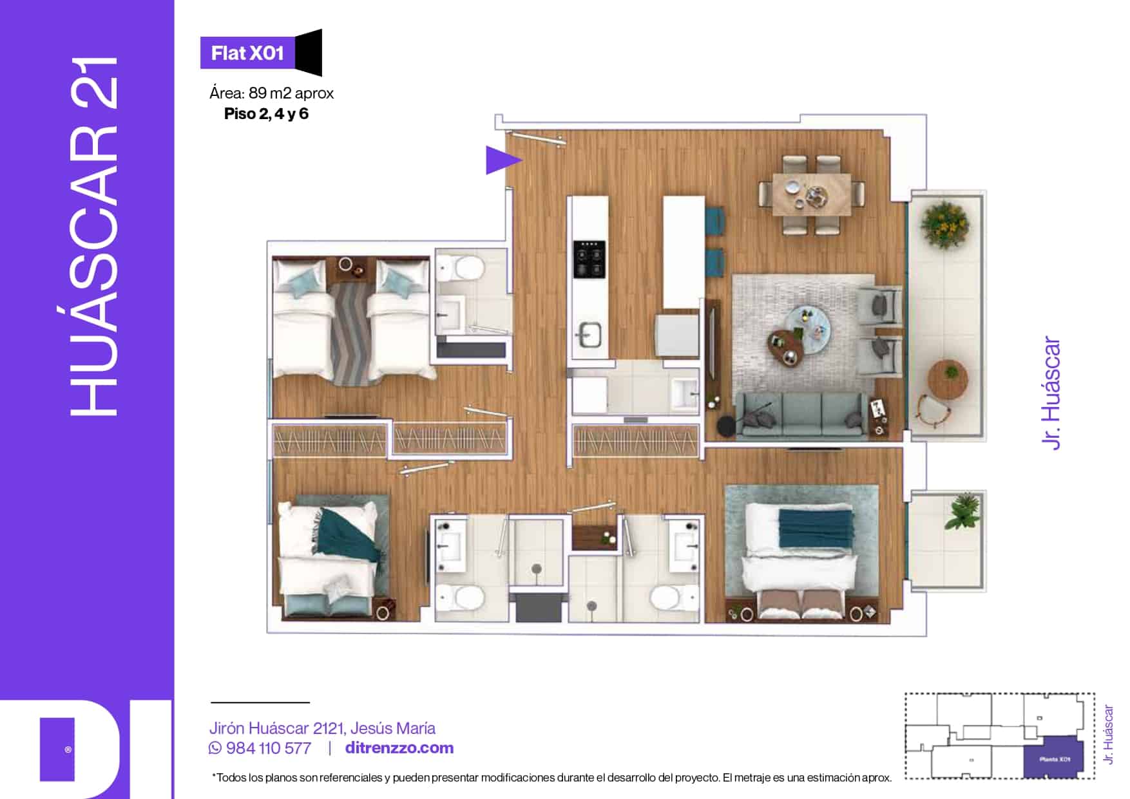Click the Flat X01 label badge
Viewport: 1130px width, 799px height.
point(248,53)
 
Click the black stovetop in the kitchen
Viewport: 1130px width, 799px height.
point(589,259)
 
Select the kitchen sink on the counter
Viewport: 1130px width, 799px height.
point(589,334)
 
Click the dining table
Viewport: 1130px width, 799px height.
point(811,193)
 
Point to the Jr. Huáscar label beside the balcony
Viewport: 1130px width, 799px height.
point(1050,393)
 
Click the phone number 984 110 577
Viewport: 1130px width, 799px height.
point(268,748)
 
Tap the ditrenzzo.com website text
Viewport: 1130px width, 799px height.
point(399,748)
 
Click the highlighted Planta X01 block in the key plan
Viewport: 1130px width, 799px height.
point(1054,758)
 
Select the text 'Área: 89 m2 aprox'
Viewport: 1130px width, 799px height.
point(271,93)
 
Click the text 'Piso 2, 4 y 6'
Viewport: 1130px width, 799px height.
point(266,114)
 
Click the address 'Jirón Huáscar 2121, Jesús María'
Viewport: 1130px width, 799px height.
point(322,728)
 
